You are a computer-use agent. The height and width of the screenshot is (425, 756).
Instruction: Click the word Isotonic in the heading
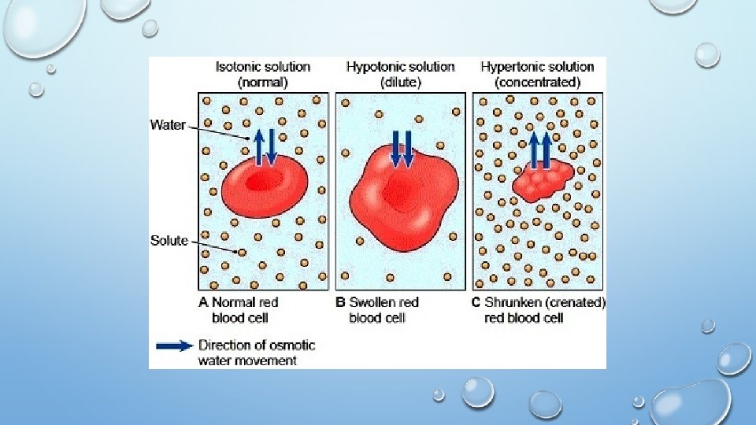tap(239, 67)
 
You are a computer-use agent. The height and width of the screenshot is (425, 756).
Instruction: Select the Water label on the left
tap(168, 124)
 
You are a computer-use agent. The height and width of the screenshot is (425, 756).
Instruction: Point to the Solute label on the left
tap(169, 240)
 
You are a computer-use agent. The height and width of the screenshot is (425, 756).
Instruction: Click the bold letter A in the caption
tap(204, 302)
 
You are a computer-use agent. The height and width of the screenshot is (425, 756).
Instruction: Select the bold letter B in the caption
tap(340, 302)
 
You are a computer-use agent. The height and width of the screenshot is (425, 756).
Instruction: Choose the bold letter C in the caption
tap(476, 302)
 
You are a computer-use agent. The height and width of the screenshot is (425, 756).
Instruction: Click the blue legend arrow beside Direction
tap(174, 346)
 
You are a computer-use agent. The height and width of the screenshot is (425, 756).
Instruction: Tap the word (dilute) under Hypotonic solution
tap(401, 82)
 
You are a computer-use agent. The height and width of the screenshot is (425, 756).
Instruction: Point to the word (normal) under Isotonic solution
tap(263, 82)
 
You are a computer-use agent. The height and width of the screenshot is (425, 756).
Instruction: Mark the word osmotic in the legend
tap(291, 346)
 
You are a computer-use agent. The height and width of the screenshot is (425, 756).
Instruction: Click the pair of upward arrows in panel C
tap(540, 150)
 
